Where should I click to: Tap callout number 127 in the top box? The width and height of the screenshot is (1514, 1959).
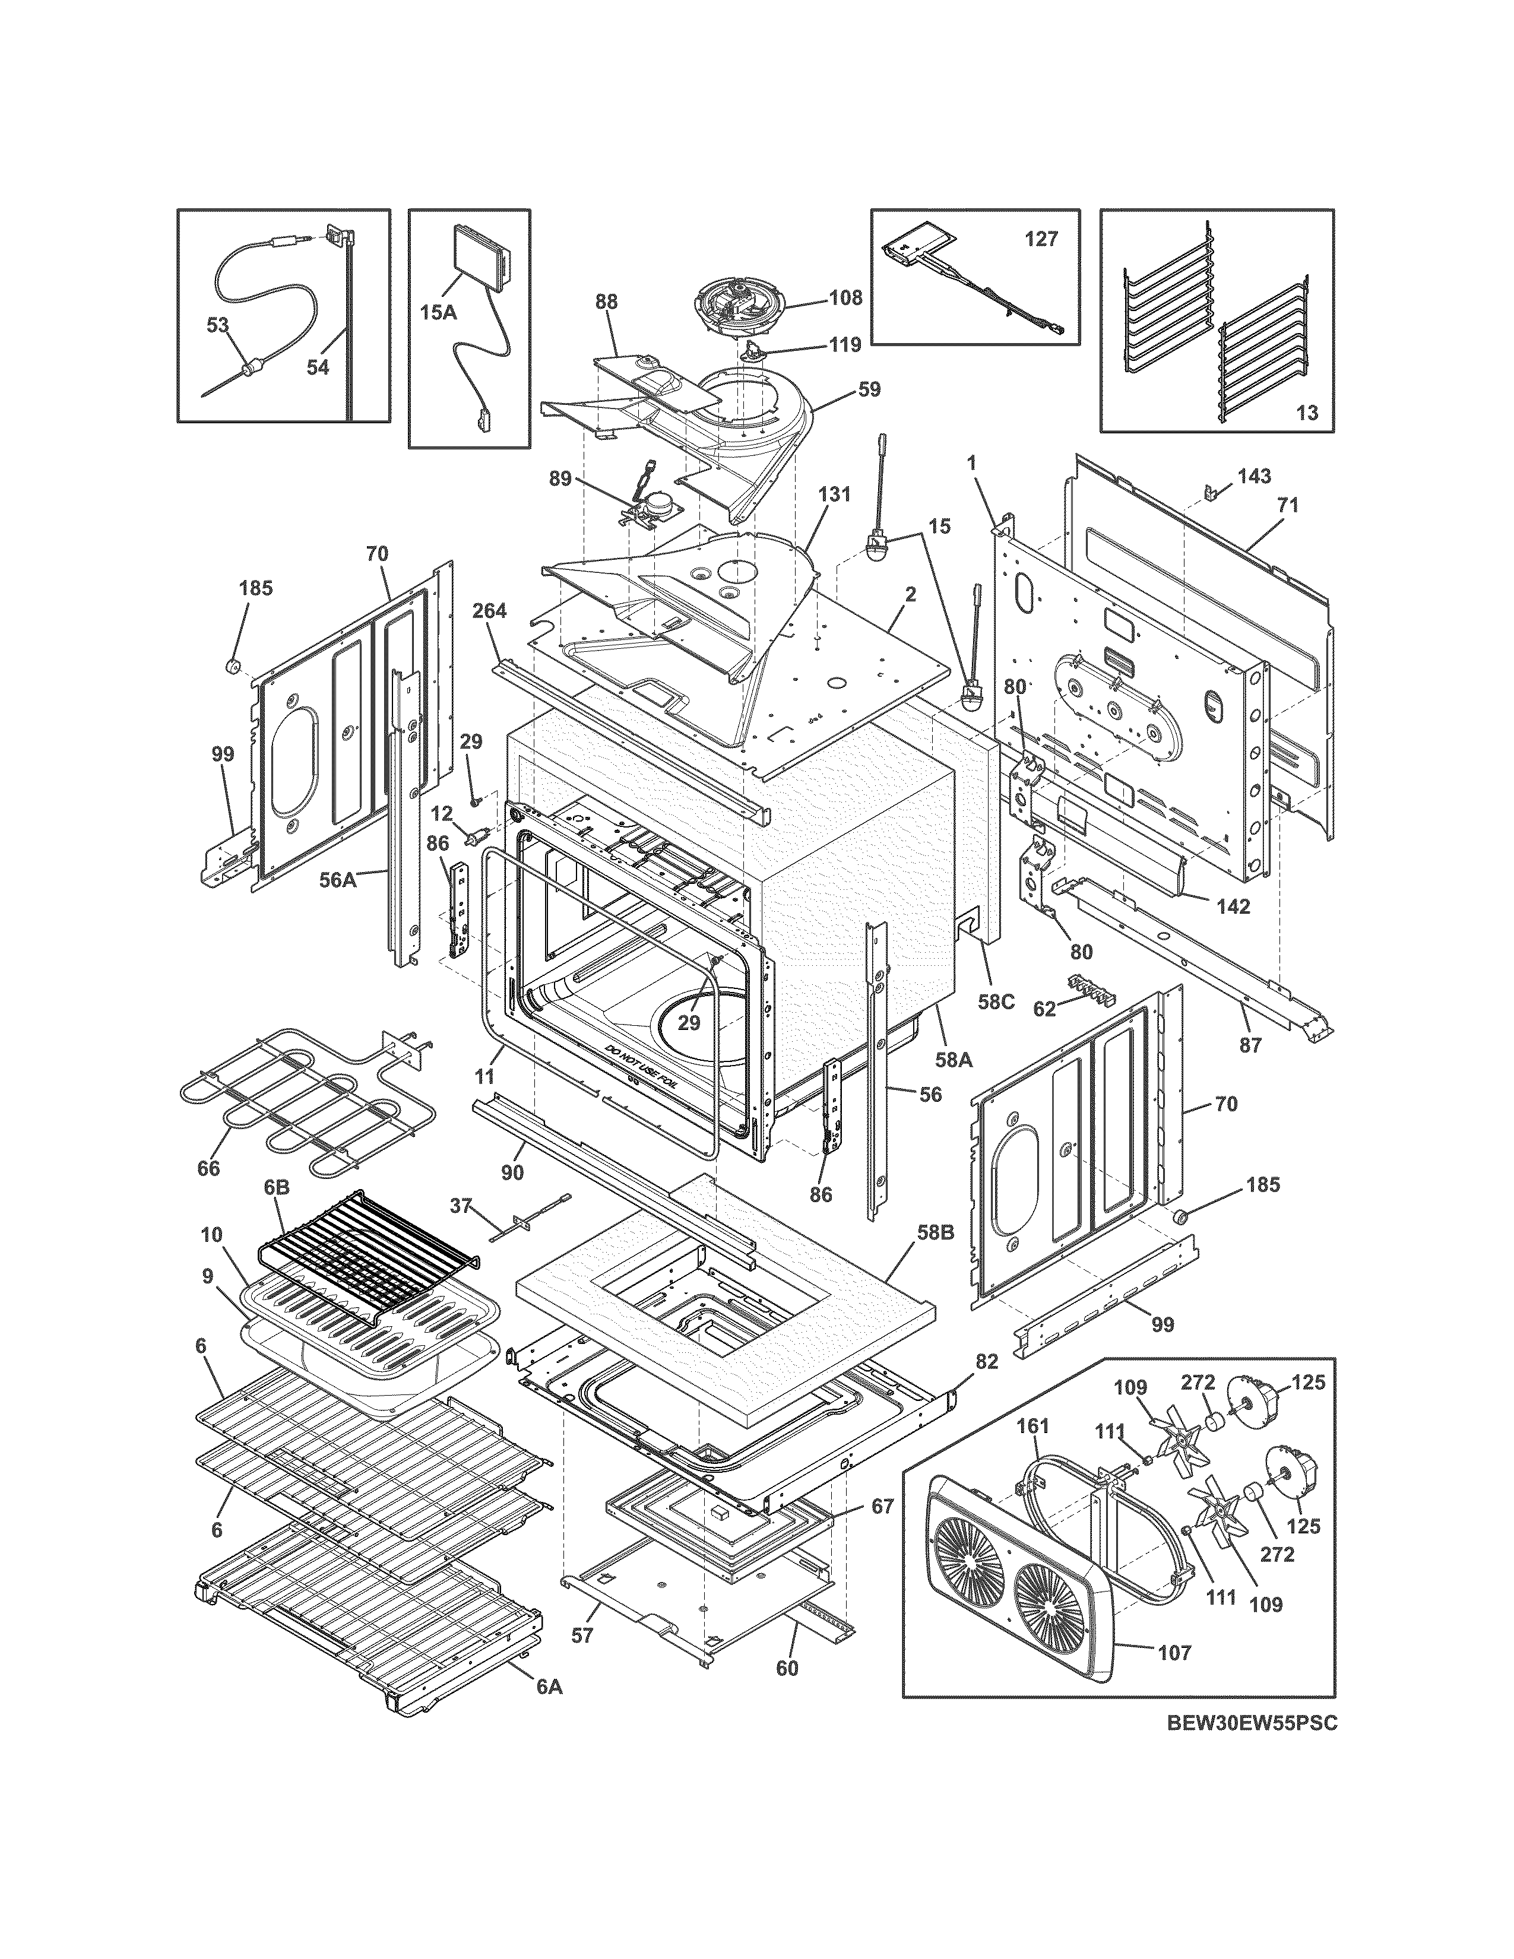tap(1041, 239)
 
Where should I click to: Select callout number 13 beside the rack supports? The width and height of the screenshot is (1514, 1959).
tap(1307, 413)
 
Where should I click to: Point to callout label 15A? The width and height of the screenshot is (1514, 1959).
tap(438, 312)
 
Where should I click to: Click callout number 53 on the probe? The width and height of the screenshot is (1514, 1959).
tap(218, 325)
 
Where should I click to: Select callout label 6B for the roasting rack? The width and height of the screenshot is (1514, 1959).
tap(276, 1187)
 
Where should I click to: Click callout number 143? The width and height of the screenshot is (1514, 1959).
tap(1254, 476)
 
